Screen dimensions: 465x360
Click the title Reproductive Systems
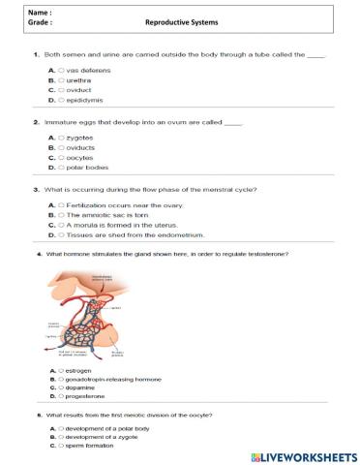pyautogui.click(x=181, y=20)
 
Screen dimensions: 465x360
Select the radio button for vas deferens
pyautogui.click(x=60, y=71)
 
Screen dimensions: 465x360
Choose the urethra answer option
pyautogui.click(x=60, y=80)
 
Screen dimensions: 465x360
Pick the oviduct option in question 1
pyautogui.click(x=60, y=90)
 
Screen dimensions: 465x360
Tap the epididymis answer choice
pyautogui.click(x=60, y=100)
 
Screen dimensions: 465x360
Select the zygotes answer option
pyautogui.click(x=60, y=139)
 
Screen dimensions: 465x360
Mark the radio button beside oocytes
pyautogui.click(x=60, y=158)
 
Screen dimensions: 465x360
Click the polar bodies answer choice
pyautogui.click(x=60, y=168)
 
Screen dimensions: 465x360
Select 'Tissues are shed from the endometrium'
pyautogui.click(x=60, y=234)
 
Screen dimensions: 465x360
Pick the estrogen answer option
pyautogui.click(x=60, y=371)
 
